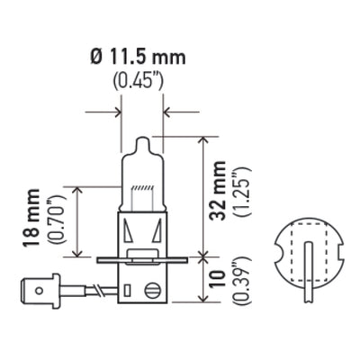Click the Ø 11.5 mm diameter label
tap(140, 58)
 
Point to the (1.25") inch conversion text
tap(239, 193)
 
